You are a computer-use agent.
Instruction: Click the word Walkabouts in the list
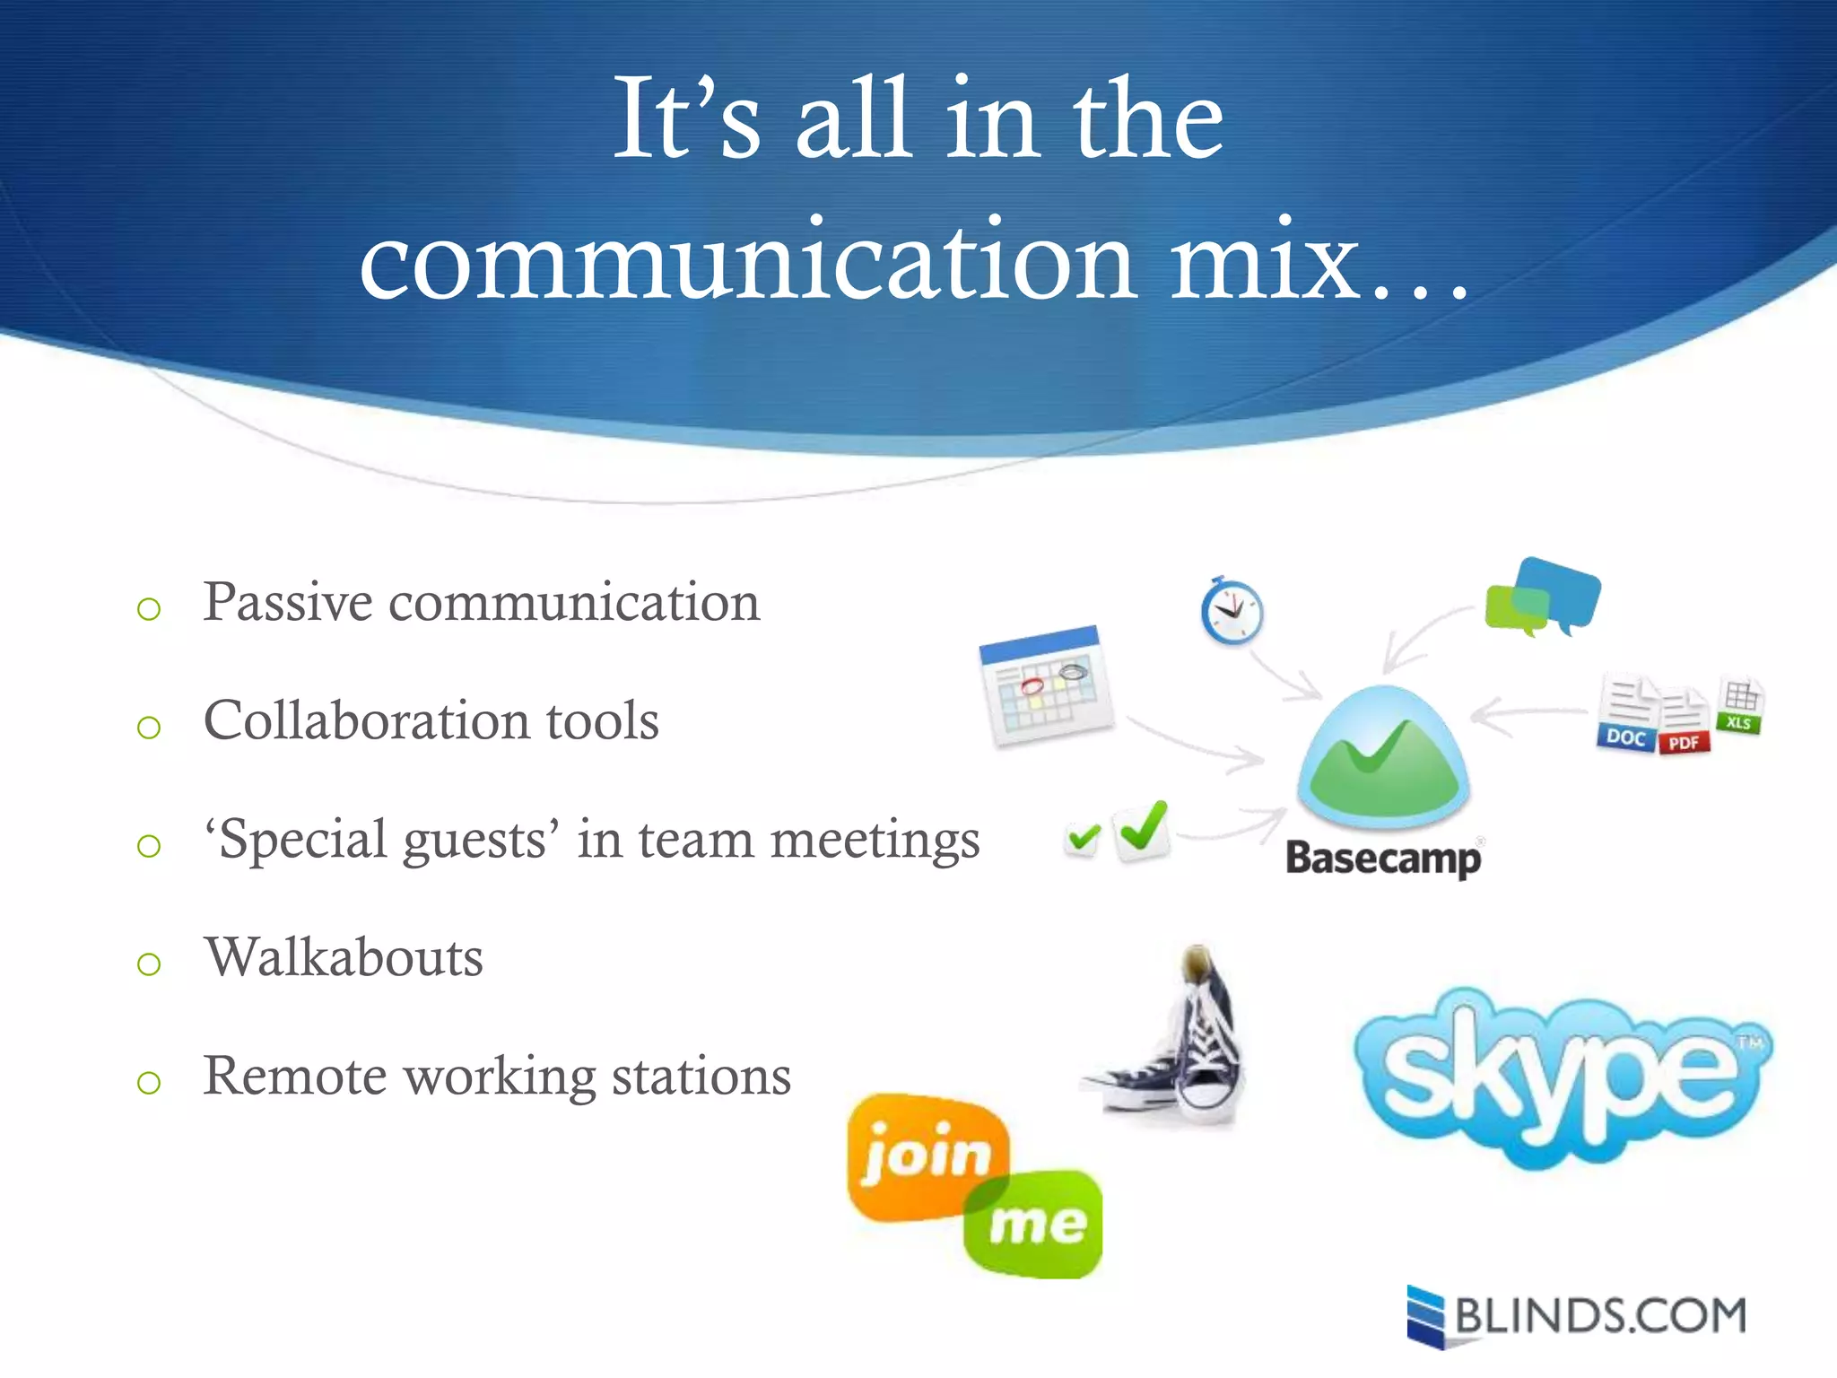coord(344,957)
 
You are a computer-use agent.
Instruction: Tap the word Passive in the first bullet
coord(287,602)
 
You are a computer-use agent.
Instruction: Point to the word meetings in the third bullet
coord(875,842)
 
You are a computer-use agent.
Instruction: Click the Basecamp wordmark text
coord(1382,859)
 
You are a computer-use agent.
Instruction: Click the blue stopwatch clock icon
coord(1232,612)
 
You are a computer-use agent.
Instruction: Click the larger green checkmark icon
coord(1142,830)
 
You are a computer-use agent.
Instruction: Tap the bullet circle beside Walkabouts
coord(149,964)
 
